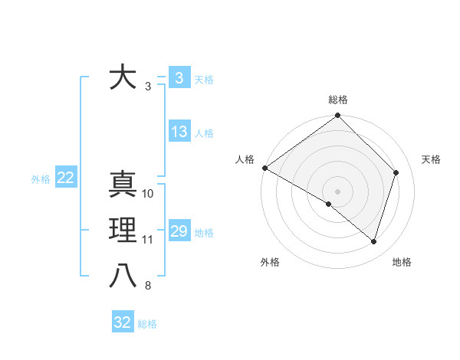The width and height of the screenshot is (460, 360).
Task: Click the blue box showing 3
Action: [x=179, y=78]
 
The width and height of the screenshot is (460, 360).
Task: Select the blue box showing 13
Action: [x=179, y=132]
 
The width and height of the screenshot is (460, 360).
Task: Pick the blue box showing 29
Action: [x=179, y=231]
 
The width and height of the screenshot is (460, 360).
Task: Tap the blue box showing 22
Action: [x=66, y=178]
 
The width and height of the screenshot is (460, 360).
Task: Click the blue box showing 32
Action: [x=123, y=322]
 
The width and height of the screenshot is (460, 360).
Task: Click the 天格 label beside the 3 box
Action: [x=204, y=80]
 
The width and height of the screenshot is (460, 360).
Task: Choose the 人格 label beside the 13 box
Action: [x=204, y=133]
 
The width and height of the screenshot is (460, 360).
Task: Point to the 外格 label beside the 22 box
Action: [x=41, y=179]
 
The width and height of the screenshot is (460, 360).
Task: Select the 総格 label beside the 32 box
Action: [x=147, y=324]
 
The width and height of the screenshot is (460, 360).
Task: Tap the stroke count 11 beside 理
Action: [x=148, y=240]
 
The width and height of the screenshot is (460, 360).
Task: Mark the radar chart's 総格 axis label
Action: [x=338, y=100]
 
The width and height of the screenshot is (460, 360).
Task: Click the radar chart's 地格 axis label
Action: [x=402, y=262]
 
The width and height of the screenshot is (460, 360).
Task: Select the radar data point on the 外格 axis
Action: [x=329, y=204]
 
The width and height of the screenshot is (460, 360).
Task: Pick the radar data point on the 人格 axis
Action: [x=264, y=168]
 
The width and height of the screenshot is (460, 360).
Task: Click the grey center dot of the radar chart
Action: [x=338, y=191]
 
